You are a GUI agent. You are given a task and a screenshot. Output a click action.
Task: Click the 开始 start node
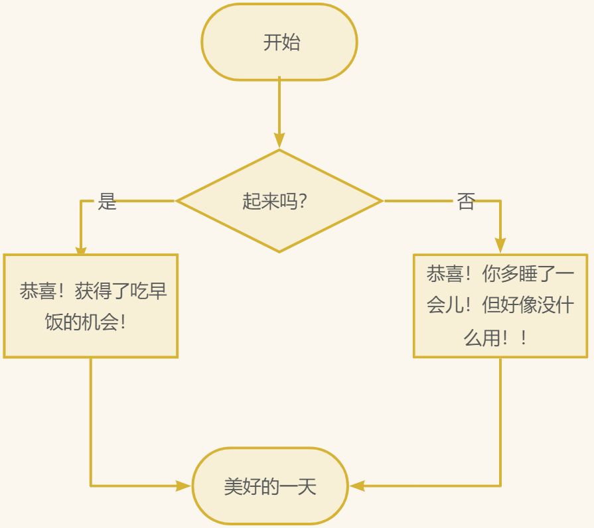point(279,42)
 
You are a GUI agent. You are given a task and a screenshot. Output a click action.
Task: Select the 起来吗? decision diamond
point(279,201)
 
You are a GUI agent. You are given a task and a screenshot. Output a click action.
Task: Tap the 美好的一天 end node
point(270,486)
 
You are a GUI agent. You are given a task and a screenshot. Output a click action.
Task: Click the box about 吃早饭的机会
point(91,306)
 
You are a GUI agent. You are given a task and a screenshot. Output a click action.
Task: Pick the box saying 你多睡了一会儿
point(500,306)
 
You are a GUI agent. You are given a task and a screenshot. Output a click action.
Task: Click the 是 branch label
point(107,201)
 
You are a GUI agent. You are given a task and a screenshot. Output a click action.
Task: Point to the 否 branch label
point(466,202)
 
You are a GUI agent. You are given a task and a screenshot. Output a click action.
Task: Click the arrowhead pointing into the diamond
point(279,140)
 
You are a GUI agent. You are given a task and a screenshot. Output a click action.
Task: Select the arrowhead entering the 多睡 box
point(500,245)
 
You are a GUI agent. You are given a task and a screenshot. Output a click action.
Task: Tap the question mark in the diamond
point(303,201)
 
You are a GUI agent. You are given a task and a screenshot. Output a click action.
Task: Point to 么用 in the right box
point(482,338)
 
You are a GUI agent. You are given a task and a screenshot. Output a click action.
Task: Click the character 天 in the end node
point(307,486)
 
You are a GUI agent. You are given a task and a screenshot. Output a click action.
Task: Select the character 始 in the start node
point(291,42)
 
